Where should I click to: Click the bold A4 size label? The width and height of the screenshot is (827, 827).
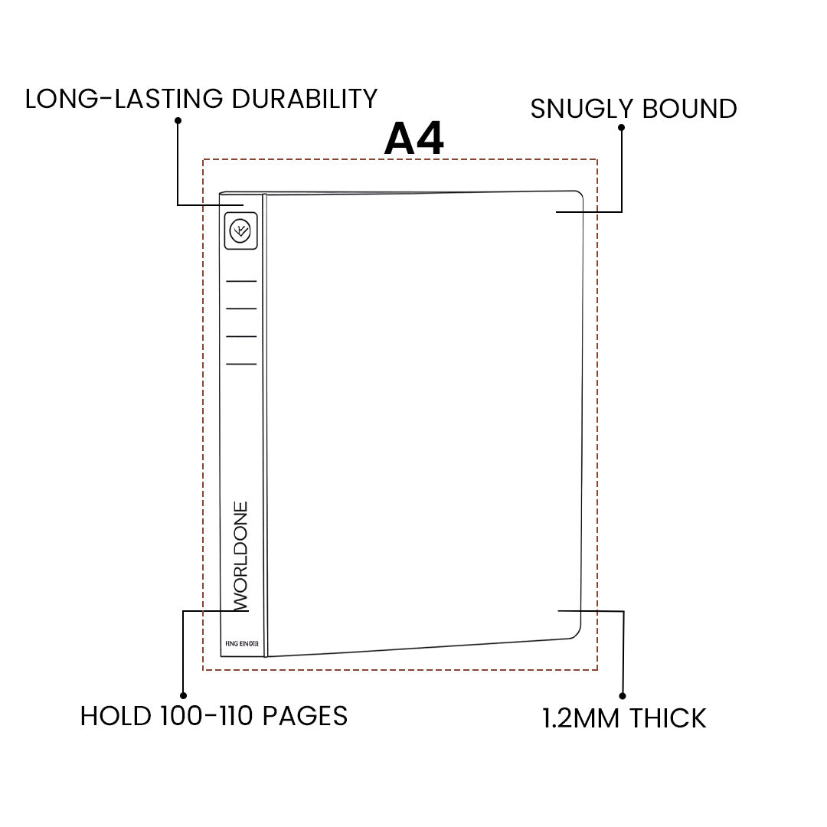coord(414,139)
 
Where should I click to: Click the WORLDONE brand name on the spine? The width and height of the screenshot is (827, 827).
coord(240,556)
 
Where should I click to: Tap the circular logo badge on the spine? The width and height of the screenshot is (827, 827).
coord(241,230)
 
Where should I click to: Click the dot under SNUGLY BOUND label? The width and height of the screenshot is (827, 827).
coord(621,127)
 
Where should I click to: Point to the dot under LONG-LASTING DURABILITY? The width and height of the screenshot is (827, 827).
coord(178,120)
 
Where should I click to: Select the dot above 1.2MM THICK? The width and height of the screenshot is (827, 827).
coord(623,696)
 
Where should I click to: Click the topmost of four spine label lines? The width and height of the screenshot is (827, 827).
coord(241,281)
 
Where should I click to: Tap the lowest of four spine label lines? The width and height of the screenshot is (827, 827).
coord(241,364)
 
